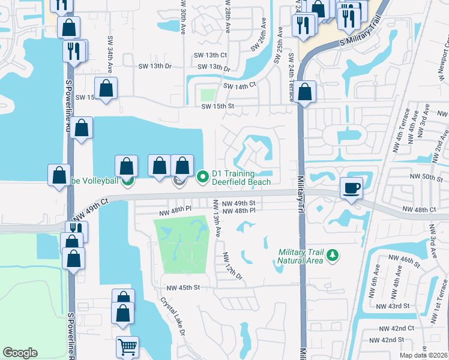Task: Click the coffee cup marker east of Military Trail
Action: click(x=351, y=187)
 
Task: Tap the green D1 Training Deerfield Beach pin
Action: click(x=202, y=176)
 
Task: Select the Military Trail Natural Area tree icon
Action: click(x=332, y=256)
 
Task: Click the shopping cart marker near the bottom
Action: click(x=127, y=347)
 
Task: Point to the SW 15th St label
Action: click(x=217, y=107)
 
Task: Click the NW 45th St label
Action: click(x=182, y=287)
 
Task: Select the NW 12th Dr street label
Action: click(x=232, y=266)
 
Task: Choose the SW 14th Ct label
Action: click(x=240, y=86)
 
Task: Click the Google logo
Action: click(x=20, y=353)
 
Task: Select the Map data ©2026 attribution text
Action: click(x=421, y=355)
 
